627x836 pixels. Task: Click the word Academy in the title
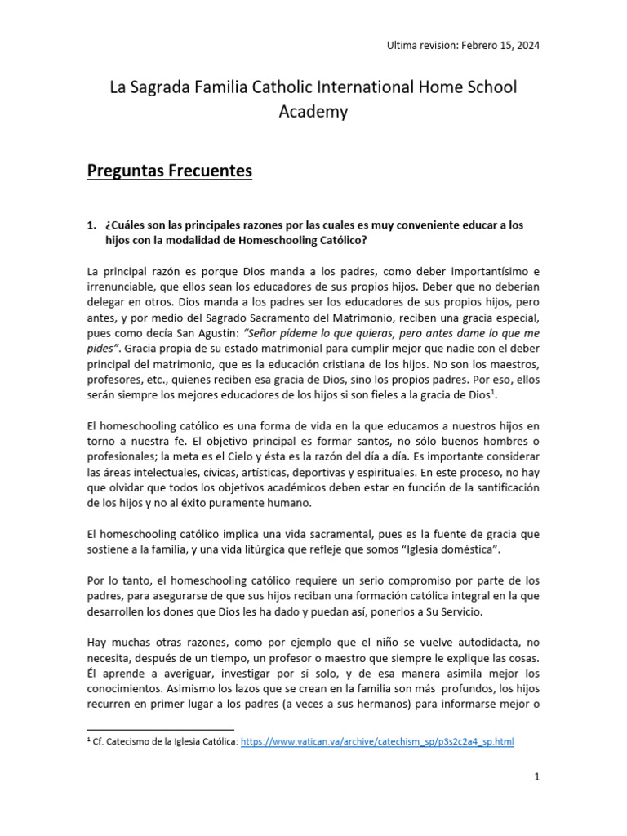(x=313, y=112)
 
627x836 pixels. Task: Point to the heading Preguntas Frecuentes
(x=170, y=171)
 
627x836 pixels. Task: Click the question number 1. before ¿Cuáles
(x=91, y=225)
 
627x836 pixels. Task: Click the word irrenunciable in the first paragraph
(x=122, y=287)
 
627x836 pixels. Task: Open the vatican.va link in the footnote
(x=378, y=742)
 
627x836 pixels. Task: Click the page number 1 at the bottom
(x=537, y=777)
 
